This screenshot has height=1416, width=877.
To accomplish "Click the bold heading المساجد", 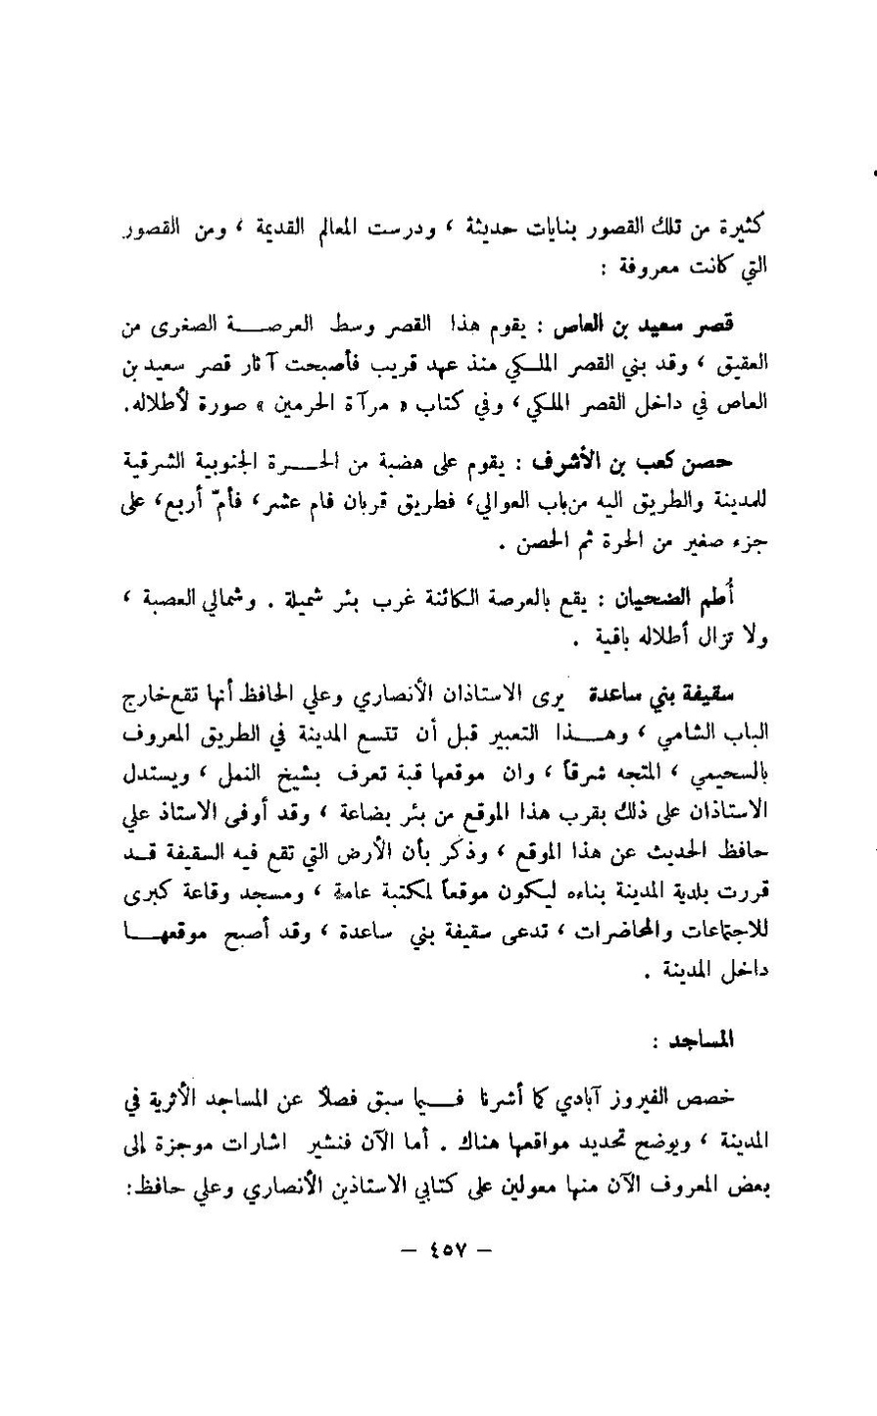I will [737, 1038].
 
